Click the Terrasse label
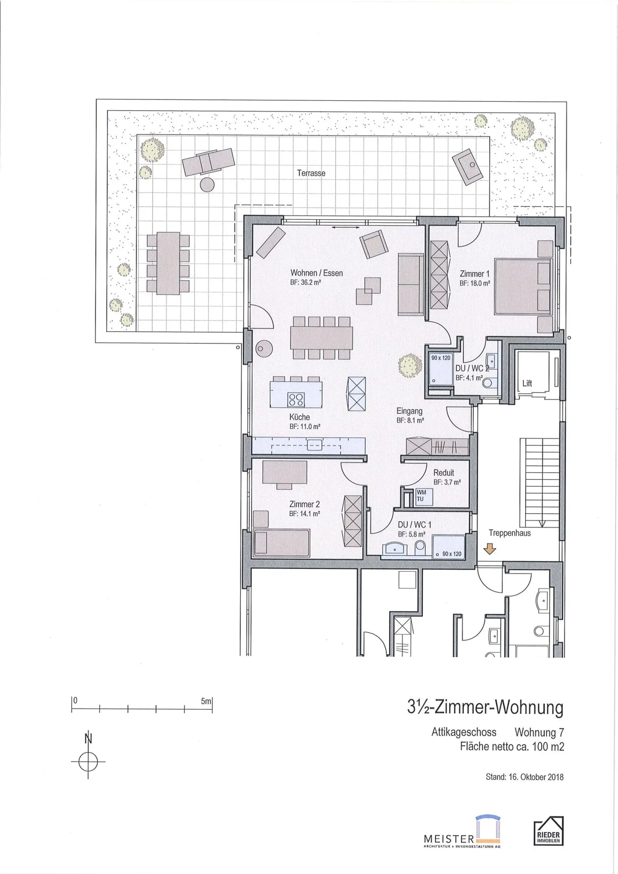(311, 173)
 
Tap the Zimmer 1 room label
(474, 274)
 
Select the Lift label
(527, 384)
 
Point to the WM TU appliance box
(421, 496)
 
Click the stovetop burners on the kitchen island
(296, 400)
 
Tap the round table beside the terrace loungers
(207, 184)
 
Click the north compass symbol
(88, 762)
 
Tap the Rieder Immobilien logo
(548, 831)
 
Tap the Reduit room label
(443, 473)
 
